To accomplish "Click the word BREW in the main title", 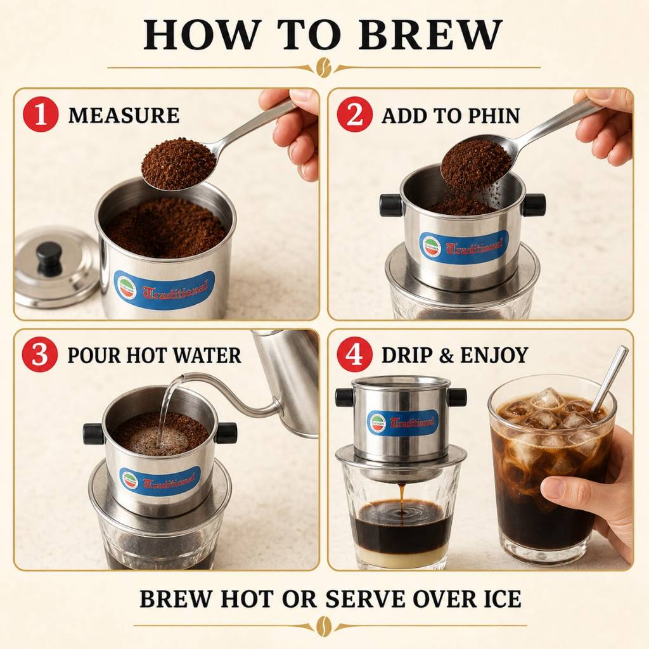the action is click(x=430, y=35).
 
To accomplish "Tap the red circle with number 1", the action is click(x=40, y=115).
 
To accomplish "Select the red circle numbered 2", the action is click(x=354, y=115).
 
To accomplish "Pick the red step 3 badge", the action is click(x=40, y=355).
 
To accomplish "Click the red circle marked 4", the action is click(x=354, y=355).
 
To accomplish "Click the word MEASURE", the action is click(x=124, y=115).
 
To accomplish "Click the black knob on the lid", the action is click(x=49, y=259).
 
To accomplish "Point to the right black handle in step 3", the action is click(x=226, y=433).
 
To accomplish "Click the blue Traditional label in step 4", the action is click(x=402, y=423).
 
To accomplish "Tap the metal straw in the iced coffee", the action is click(x=608, y=380).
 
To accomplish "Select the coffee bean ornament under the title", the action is click(x=324, y=67).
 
